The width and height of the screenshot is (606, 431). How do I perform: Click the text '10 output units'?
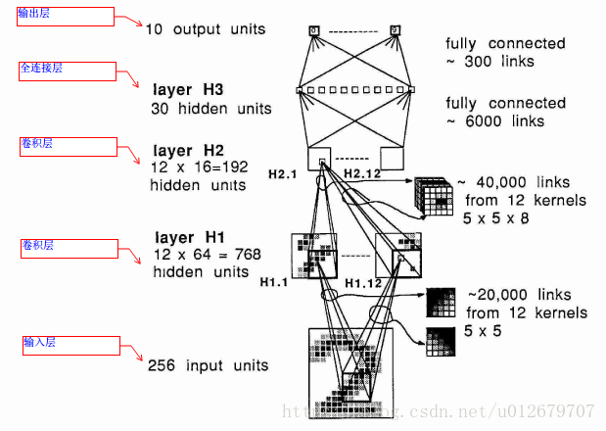(x=206, y=29)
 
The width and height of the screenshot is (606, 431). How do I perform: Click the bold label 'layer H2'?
(x=189, y=150)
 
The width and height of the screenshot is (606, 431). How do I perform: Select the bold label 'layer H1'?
(x=189, y=237)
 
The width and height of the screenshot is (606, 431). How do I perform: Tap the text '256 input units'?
(x=208, y=366)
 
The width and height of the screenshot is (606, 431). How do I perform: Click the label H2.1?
(x=282, y=173)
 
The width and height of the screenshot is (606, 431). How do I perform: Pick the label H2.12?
(x=363, y=173)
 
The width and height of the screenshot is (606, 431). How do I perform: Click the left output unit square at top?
(x=313, y=30)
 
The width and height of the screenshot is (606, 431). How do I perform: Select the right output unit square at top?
(x=395, y=30)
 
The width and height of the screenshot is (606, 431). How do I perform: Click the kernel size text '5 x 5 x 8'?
(x=497, y=218)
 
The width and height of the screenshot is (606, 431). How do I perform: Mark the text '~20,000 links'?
(x=520, y=295)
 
